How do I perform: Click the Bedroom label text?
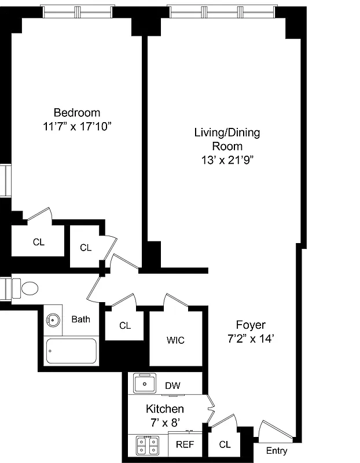coord(76,112)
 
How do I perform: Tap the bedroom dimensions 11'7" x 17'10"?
coord(76,126)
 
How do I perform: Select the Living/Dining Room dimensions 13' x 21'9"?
coord(227,160)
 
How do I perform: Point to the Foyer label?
coord(251,325)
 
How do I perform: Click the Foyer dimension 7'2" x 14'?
coord(251,339)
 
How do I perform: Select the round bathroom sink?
coord(54,319)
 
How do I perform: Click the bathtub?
coord(71,350)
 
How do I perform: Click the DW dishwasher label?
coord(172,385)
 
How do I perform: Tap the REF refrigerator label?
coord(185,445)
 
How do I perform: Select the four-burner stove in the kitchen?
coord(148,445)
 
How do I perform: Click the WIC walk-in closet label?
coord(175,340)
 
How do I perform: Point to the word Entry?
coord(276,451)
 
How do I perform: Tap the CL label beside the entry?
coord(225,444)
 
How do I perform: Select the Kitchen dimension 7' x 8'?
coord(164,422)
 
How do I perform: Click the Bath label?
coord(80,319)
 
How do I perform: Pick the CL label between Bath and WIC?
coord(125,325)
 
